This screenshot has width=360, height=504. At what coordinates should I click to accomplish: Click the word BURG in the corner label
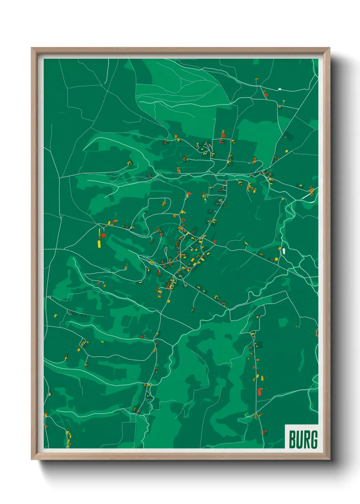(x=303, y=439)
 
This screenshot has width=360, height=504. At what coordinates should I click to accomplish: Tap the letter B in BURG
(x=292, y=439)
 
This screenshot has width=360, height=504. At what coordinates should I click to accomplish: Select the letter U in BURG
(x=299, y=439)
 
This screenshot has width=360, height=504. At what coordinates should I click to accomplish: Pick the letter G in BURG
(x=314, y=439)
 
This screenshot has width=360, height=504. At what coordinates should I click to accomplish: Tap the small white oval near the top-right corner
(x=280, y=89)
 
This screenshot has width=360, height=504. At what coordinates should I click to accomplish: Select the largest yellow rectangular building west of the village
(x=99, y=243)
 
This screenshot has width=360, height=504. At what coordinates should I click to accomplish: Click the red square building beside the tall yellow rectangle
(x=103, y=235)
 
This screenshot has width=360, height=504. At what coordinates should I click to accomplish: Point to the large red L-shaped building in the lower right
(x=260, y=391)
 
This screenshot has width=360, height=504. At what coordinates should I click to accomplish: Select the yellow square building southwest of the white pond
(x=276, y=259)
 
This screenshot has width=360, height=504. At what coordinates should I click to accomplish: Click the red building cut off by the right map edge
(x=317, y=332)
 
